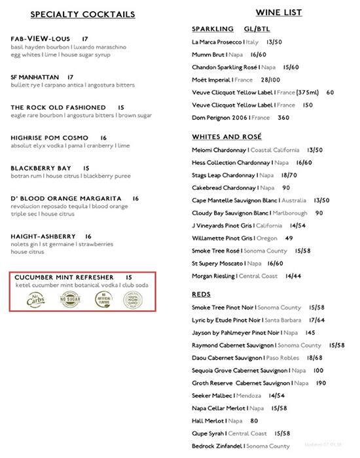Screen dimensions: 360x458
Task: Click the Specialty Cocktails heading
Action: pos(83,14)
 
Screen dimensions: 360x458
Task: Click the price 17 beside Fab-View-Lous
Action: pos(85,39)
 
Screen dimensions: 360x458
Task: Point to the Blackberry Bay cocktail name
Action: pos(41,168)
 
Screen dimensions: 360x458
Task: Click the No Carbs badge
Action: pos(37,299)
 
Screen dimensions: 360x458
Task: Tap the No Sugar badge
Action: pos(69,300)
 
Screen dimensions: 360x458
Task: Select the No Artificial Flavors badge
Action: pos(101,300)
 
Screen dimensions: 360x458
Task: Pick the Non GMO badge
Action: pos(132,300)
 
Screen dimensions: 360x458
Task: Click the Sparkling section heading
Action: pos(213,29)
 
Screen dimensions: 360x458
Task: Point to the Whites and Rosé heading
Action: pos(226,137)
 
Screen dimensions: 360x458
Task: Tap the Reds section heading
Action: pos(201,295)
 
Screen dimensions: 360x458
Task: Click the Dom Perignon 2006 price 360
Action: pos(283,118)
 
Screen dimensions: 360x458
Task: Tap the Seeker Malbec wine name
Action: pos(213,396)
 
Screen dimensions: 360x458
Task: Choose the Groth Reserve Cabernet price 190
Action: pos(321,383)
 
